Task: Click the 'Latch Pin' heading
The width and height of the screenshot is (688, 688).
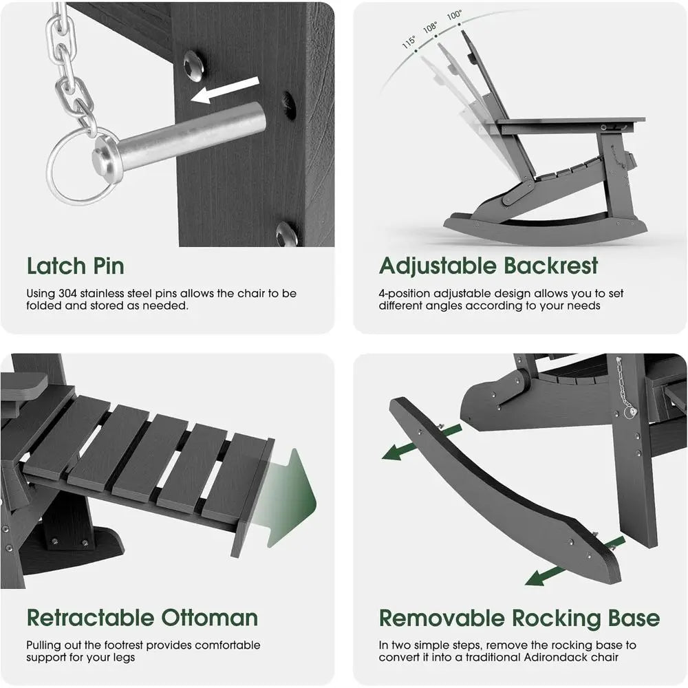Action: point(76,266)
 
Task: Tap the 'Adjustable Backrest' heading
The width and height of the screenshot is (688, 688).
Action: point(488,267)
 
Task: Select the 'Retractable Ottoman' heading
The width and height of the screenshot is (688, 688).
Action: point(142,618)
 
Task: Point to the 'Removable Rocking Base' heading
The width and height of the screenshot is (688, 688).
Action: point(519,619)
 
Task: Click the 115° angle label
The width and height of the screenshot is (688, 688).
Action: point(409,42)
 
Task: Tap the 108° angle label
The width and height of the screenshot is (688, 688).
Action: point(430,28)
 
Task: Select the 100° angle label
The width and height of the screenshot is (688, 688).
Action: point(454,15)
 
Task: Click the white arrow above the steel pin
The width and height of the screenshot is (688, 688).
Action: point(225,89)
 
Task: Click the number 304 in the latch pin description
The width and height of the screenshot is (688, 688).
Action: point(67,293)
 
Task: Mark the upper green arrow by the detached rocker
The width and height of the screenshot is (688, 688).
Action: point(422,442)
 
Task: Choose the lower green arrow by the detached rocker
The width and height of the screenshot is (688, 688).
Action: point(574,561)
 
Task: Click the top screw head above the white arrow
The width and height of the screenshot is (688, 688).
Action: point(193,65)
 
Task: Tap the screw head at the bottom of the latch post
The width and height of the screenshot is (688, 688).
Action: point(286,233)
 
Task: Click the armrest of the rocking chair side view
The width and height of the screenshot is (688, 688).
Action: point(570,122)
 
